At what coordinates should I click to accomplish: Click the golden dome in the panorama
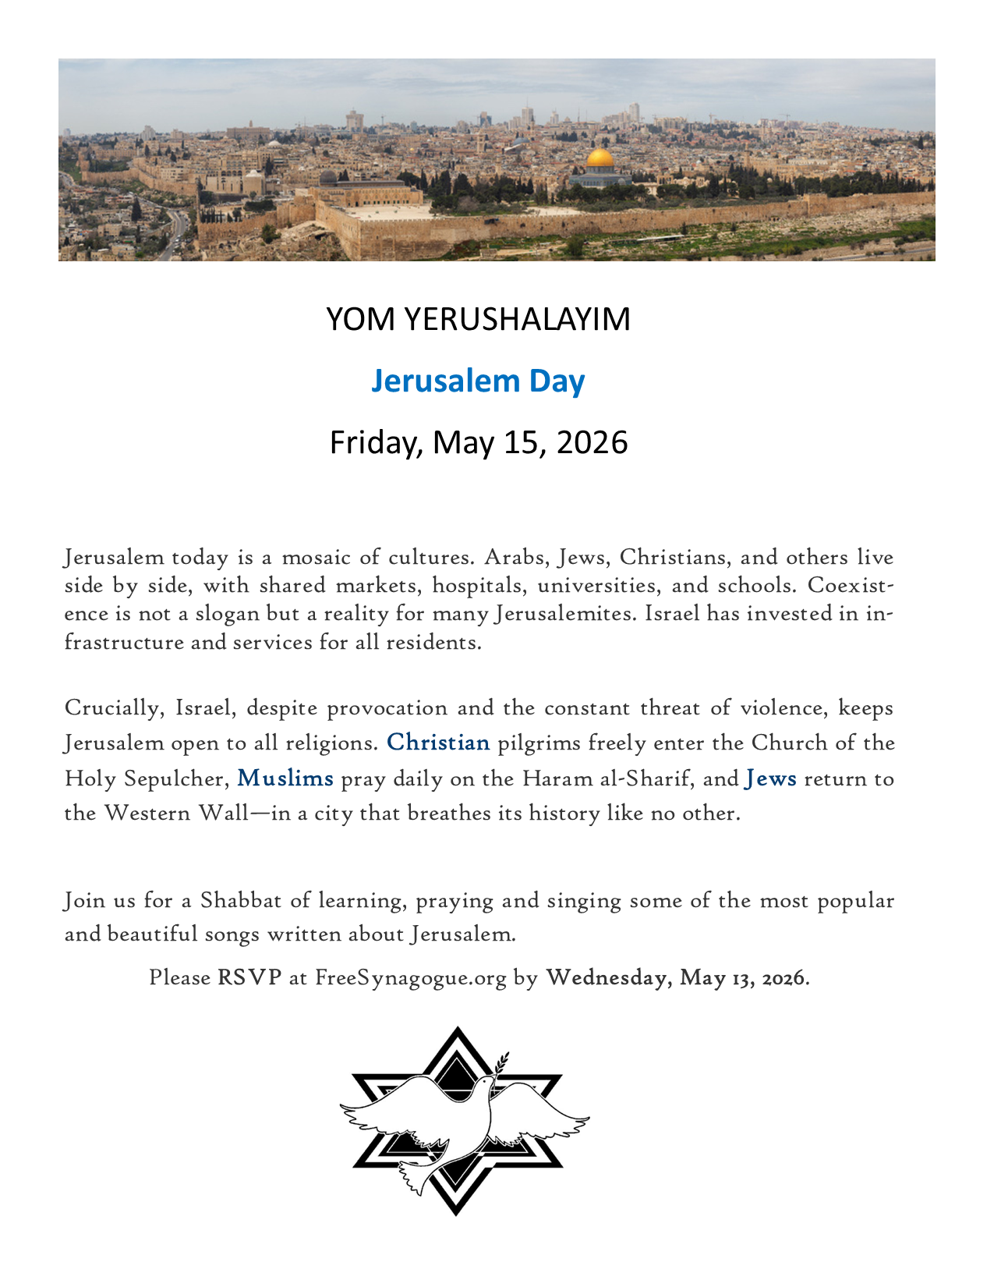coord(600,158)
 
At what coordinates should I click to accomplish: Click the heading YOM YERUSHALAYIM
coord(478,320)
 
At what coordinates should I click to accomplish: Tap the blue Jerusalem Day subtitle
coord(478,381)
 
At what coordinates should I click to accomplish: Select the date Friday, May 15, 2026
coord(478,442)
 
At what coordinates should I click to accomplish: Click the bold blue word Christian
coord(438,743)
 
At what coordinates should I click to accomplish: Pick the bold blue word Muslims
coord(285,778)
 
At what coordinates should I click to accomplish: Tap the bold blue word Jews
coord(771,778)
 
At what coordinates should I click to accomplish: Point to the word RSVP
coord(249,977)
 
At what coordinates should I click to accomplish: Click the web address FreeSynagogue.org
coord(411,978)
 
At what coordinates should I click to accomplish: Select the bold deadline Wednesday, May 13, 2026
coord(677,977)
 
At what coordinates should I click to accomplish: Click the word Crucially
coord(115,708)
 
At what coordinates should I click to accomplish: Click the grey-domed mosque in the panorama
coord(329,179)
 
